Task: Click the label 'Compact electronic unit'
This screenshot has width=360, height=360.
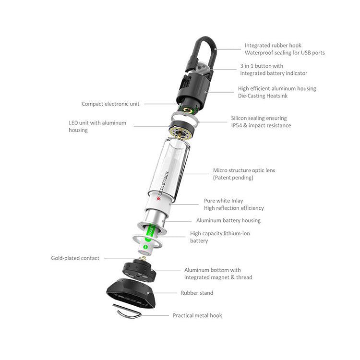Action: click(110, 104)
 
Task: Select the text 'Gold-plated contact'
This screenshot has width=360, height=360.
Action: click(75, 258)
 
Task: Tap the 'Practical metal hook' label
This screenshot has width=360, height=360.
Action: click(197, 315)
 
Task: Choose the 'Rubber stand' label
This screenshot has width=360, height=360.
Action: click(197, 292)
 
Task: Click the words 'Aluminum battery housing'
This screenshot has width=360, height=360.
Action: click(228, 221)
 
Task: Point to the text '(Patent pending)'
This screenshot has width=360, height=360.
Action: click(233, 178)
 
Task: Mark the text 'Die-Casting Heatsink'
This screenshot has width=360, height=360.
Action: click(266, 96)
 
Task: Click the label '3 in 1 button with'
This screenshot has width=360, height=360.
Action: click(262, 66)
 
